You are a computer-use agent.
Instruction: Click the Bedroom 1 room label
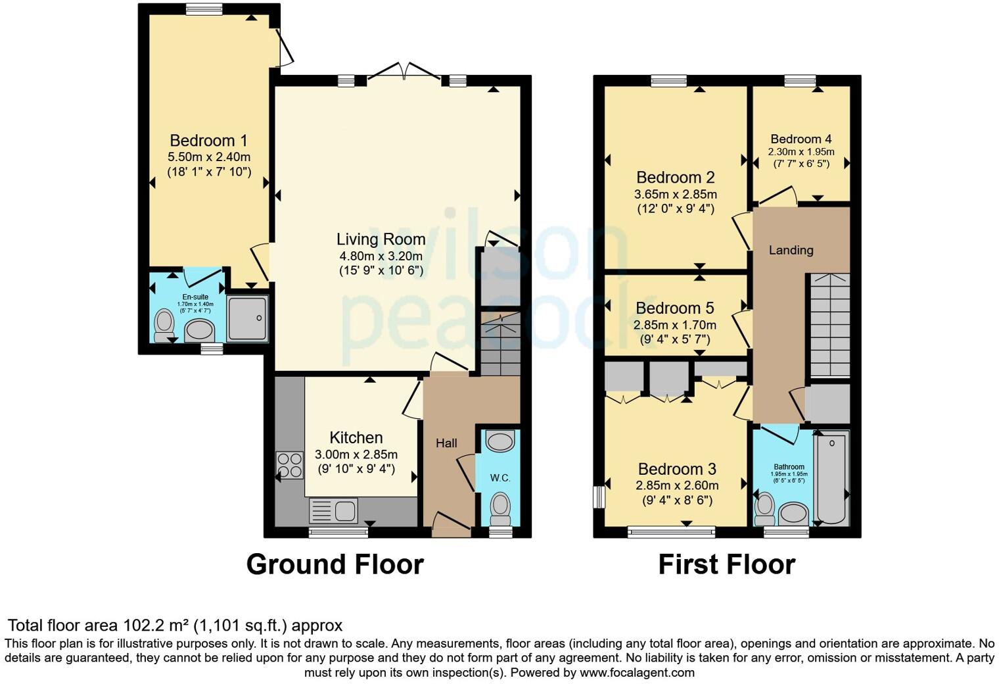(208, 141)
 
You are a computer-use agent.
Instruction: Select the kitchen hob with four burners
(290, 465)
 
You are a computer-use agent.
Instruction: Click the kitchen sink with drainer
(334, 511)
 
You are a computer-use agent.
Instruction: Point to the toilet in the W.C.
(500, 506)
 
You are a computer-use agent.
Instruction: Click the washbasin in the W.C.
(501, 441)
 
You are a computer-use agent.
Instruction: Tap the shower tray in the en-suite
(247, 318)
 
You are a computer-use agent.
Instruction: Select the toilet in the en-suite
(163, 325)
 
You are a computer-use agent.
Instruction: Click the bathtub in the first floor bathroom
(831, 477)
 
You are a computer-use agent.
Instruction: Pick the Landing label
(791, 250)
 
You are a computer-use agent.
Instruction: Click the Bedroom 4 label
(801, 139)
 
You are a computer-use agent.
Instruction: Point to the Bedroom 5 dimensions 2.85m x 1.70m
(675, 325)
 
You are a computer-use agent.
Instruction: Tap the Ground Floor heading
(335, 564)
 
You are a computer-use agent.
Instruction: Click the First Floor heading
(726, 564)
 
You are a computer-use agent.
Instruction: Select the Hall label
(446, 443)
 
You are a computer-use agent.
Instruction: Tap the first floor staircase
(829, 325)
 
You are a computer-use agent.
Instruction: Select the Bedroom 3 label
(677, 469)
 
